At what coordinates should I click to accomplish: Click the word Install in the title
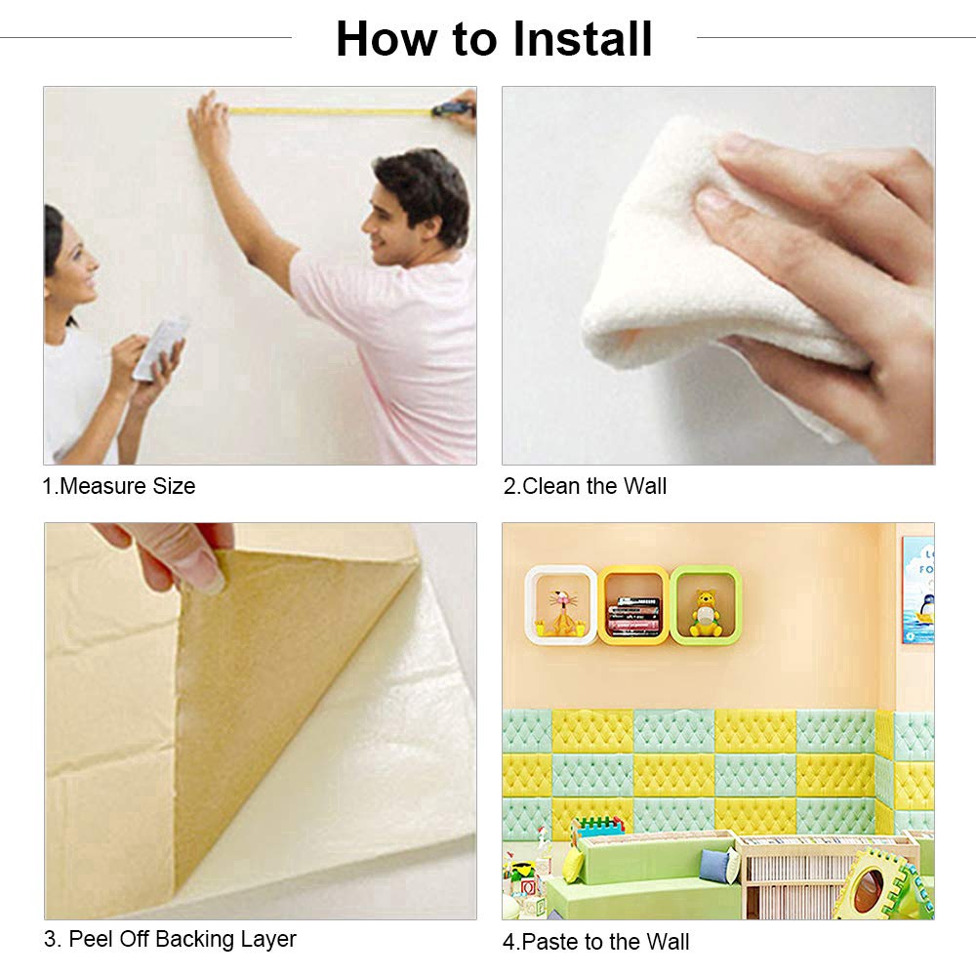click(x=583, y=39)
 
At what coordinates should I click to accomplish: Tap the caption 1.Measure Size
click(x=119, y=486)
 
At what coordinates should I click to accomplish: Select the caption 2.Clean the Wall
click(x=585, y=486)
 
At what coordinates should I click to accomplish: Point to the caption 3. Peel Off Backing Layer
click(x=170, y=940)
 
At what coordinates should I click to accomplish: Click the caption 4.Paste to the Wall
click(x=595, y=942)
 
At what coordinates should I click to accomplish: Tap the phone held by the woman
click(x=160, y=346)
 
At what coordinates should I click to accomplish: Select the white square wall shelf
click(x=560, y=605)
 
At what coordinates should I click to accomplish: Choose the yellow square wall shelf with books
click(x=633, y=605)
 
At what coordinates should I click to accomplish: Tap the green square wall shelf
click(x=706, y=605)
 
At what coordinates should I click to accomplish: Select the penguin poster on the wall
click(x=918, y=590)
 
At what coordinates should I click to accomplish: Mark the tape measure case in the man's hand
click(x=453, y=108)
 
